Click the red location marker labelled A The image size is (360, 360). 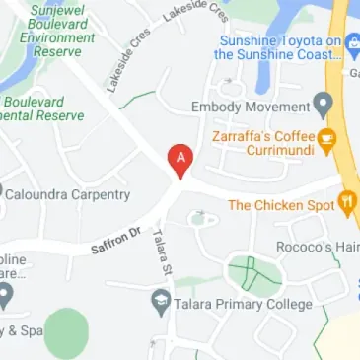coord(180,159)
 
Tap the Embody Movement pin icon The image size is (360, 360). coord(322,105)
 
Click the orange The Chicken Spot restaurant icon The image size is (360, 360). coord(346,205)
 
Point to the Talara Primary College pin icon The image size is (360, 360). coord(160,304)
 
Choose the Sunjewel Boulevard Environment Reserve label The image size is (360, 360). coord(48,32)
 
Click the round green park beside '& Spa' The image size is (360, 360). coord(67,332)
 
